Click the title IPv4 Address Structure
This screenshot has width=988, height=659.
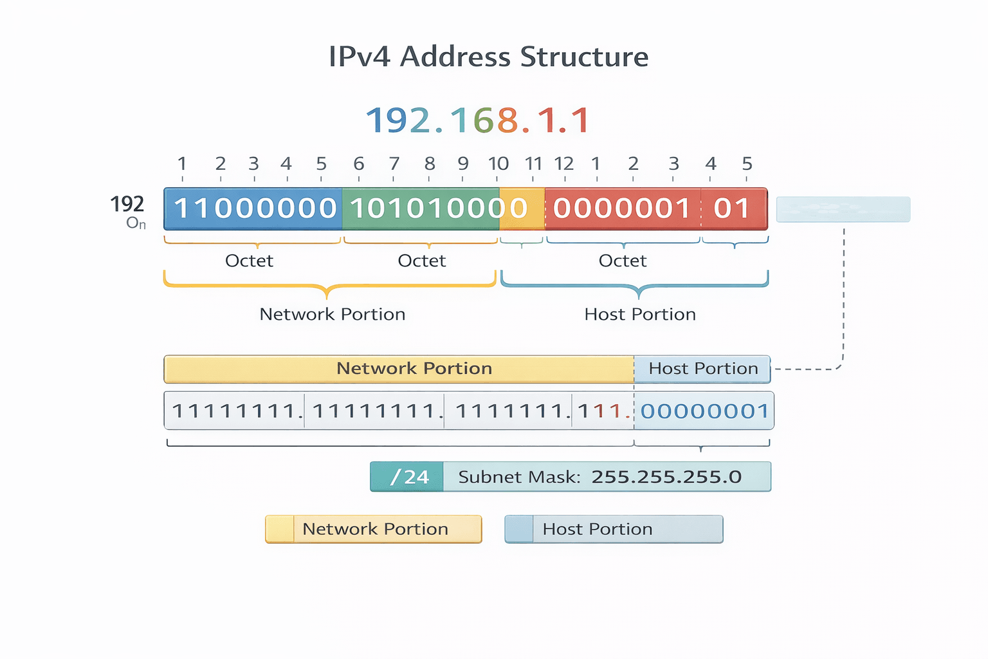click(488, 57)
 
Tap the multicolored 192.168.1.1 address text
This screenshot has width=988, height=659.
click(477, 120)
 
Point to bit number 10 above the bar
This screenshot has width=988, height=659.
click(498, 164)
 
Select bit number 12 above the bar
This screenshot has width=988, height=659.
click(564, 164)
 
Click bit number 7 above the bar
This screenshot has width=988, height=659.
click(394, 164)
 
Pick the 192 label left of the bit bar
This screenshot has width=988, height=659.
click(127, 204)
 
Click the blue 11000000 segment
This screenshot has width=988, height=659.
click(255, 209)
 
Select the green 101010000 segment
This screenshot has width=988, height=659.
click(421, 209)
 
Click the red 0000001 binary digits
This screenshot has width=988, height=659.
click(621, 209)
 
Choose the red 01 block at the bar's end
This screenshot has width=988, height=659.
click(733, 209)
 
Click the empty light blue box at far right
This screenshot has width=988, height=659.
click(843, 209)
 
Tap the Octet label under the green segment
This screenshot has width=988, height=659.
click(421, 261)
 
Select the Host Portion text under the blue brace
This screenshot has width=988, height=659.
click(639, 314)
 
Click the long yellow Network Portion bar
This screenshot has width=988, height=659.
click(399, 369)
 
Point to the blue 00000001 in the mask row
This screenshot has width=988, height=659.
click(704, 411)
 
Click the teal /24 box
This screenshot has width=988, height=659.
click(407, 477)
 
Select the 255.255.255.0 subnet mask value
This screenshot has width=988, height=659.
click(666, 477)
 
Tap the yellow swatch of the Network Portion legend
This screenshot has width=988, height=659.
click(280, 529)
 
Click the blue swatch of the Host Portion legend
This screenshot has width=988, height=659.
click(519, 529)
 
